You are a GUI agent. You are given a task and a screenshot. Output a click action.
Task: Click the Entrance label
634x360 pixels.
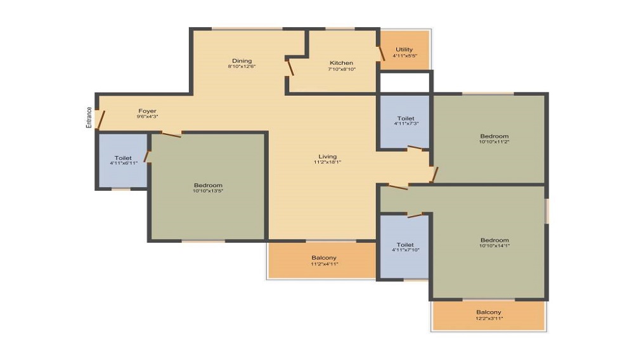pyautogui.click(x=89, y=118)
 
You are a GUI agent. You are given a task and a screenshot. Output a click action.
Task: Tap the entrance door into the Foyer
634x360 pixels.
pyautogui.click(x=101, y=120)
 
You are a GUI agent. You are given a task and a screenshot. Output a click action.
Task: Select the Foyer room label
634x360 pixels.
pyautogui.click(x=147, y=111)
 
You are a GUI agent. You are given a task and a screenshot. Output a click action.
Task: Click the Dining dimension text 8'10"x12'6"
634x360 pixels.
pyautogui.click(x=242, y=67)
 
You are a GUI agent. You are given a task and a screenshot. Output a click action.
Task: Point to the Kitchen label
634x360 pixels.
pyautogui.click(x=341, y=63)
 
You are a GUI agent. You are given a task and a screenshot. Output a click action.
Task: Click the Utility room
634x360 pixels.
pyautogui.click(x=404, y=49)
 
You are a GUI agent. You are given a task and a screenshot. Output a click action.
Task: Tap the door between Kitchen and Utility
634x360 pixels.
pyautogui.click(x=381, y=54)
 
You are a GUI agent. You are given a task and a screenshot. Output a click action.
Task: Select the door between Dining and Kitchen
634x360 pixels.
pyautogui.click(x=290, y=68)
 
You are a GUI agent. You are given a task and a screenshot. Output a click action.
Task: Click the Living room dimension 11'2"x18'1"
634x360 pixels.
pyautogui.click(x=328, y=162)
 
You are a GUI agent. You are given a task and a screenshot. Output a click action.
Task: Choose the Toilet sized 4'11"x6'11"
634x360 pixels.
pyautogui.click(x=123, y=160)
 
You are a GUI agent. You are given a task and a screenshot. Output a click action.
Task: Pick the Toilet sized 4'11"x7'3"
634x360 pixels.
pyautogui.click(x=405, y=121)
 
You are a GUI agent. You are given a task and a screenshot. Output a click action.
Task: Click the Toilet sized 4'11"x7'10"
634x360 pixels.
pyautogui.click(x=404, y=247)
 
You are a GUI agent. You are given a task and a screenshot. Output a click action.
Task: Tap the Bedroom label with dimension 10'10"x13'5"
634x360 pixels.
pyautogui.click(x=208, y=186)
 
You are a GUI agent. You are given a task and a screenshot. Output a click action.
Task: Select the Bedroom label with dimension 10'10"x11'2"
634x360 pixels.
pyautogui.click(x=494, y=136)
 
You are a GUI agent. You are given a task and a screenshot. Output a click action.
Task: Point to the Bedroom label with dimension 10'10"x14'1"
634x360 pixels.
pyautogui.click(x=495, y=240)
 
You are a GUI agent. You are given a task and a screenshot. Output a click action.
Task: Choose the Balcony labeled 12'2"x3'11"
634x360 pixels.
pyautogui.click(x=489, y=315)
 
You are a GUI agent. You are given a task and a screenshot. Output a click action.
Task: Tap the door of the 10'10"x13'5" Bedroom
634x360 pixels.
pyautogui.click(x=171, y=134)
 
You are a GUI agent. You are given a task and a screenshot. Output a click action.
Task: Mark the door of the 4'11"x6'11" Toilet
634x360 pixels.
pyautogui.click(x=147, y=157)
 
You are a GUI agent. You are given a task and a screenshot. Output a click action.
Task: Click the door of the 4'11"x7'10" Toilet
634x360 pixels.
pyautogui.click(x=415, y=215)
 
